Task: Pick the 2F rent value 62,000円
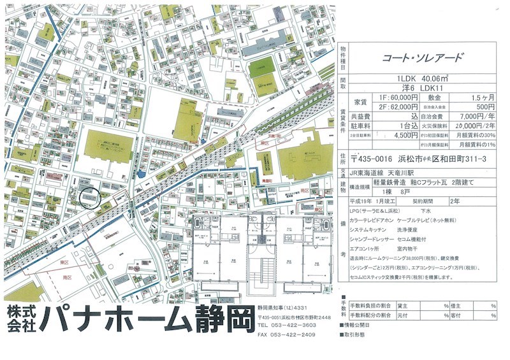click(x=401, y=109)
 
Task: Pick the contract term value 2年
click(x=454, y=201)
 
